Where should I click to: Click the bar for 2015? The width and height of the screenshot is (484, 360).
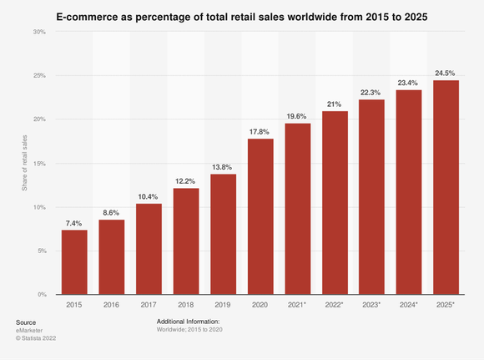(74, 262)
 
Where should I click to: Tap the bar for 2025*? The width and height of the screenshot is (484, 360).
(446, 187)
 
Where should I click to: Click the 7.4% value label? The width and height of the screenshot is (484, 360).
(74, 222)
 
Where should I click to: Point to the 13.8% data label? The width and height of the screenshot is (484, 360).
(223, 166)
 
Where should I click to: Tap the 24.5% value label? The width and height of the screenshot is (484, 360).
(446, 73)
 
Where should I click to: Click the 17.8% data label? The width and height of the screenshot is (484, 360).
(260, 131)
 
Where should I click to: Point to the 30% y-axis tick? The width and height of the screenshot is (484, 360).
(39, 32)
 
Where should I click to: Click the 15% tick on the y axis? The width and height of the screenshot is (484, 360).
(39, 164)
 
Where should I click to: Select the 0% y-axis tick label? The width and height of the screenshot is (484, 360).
(41, 295)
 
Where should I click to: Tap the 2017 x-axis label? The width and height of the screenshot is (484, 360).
(149, 307)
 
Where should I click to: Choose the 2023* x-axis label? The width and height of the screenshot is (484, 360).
(371, 307)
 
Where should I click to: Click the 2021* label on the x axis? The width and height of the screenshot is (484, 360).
(297, 307)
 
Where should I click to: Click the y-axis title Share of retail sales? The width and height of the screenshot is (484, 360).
(24, 163)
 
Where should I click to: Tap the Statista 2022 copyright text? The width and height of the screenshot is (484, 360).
(37, 338)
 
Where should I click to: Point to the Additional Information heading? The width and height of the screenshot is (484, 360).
(188, 321)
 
